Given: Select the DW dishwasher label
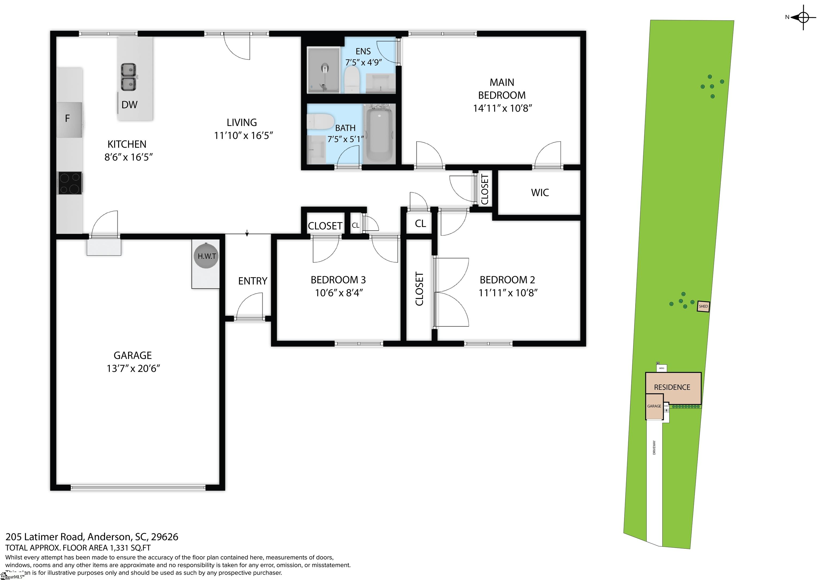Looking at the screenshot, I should pyautogui.click(x=129, y=105).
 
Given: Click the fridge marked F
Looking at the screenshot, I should pyautogui.click(x=69, y=119).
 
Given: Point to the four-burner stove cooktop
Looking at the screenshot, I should pyautogui.click(x=70, y=183).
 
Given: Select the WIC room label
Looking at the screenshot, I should pyautogui.click(x=540, y=193).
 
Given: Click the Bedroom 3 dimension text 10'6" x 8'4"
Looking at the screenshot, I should pyautogui.click(x=339, y=293).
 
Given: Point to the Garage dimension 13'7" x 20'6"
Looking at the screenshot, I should pyautogui.click(x=133, y=369).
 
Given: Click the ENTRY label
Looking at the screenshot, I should pyautogui.click(x=253, y=281).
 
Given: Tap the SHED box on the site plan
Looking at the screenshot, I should pyautogui.click(x=703, y=306).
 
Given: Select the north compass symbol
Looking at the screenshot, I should pyautogui.click(x=803, y=17).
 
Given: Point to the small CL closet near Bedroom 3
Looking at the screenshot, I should pyautogui.click(x=355, y=225).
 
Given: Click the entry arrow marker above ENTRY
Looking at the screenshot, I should pyautogui.click(x=247, y=233).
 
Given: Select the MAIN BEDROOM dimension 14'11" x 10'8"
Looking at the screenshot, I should pyautogui.click(x=502, y=108).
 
